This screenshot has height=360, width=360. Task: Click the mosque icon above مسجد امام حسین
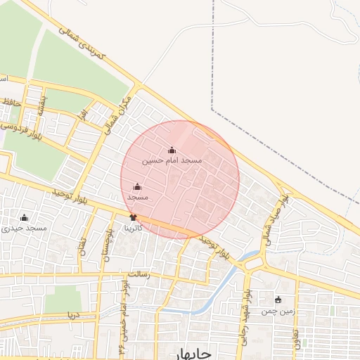point(172,150)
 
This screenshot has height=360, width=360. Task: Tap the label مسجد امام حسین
point(172,160)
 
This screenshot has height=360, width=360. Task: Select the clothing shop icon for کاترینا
point(133,218)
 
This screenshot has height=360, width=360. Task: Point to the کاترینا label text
point(134,228)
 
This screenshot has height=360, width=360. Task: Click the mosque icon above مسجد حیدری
point(25,217)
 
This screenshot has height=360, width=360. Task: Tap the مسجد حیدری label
point(25,228)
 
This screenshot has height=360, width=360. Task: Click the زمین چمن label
point(277,310)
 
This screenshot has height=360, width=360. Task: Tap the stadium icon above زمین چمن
point(278,300)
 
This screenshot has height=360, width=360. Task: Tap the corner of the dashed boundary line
point(212,109)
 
